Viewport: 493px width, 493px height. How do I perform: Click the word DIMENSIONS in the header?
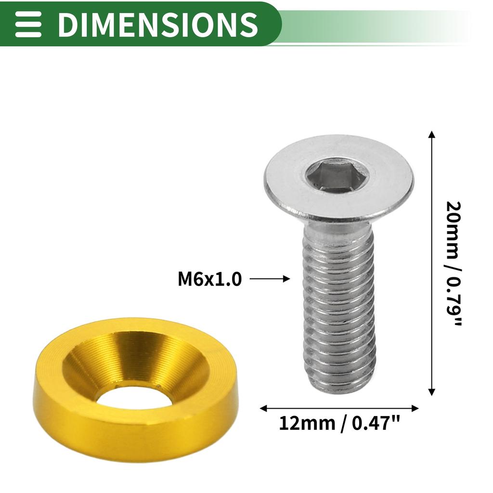[157, 24]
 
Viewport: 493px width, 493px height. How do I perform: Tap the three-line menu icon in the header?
[28, 24]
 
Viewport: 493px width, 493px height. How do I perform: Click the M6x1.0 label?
[209, 279]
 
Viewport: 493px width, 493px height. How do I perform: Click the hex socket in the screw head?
[337, 176]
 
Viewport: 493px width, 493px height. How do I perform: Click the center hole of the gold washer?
[134, 397]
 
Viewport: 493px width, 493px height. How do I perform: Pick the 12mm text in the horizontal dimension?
[307, 424]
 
